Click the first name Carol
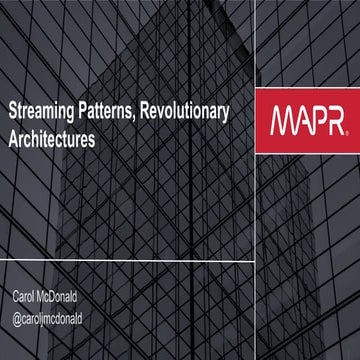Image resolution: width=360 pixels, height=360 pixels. click(27, 299)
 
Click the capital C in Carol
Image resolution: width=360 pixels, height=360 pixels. click(16, 299)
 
